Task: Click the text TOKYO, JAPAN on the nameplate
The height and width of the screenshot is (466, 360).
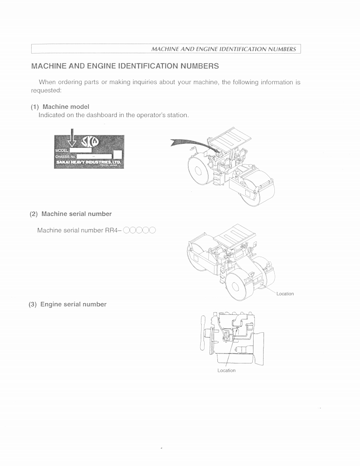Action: click(111, 165)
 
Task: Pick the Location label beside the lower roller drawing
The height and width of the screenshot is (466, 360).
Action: click(285, 294)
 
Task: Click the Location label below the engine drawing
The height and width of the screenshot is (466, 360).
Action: click(226, 370)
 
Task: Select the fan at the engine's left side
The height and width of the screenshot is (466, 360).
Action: click(204, 332)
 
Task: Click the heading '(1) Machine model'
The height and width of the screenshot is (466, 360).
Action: click(60, 107)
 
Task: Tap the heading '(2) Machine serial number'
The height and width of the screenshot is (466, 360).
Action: click(71, 214)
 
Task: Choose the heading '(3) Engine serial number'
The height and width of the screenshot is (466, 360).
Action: click(67, 304)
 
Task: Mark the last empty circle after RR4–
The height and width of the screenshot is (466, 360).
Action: click(152, 230)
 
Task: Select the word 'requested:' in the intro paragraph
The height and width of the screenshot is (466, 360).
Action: click(46, 90)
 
